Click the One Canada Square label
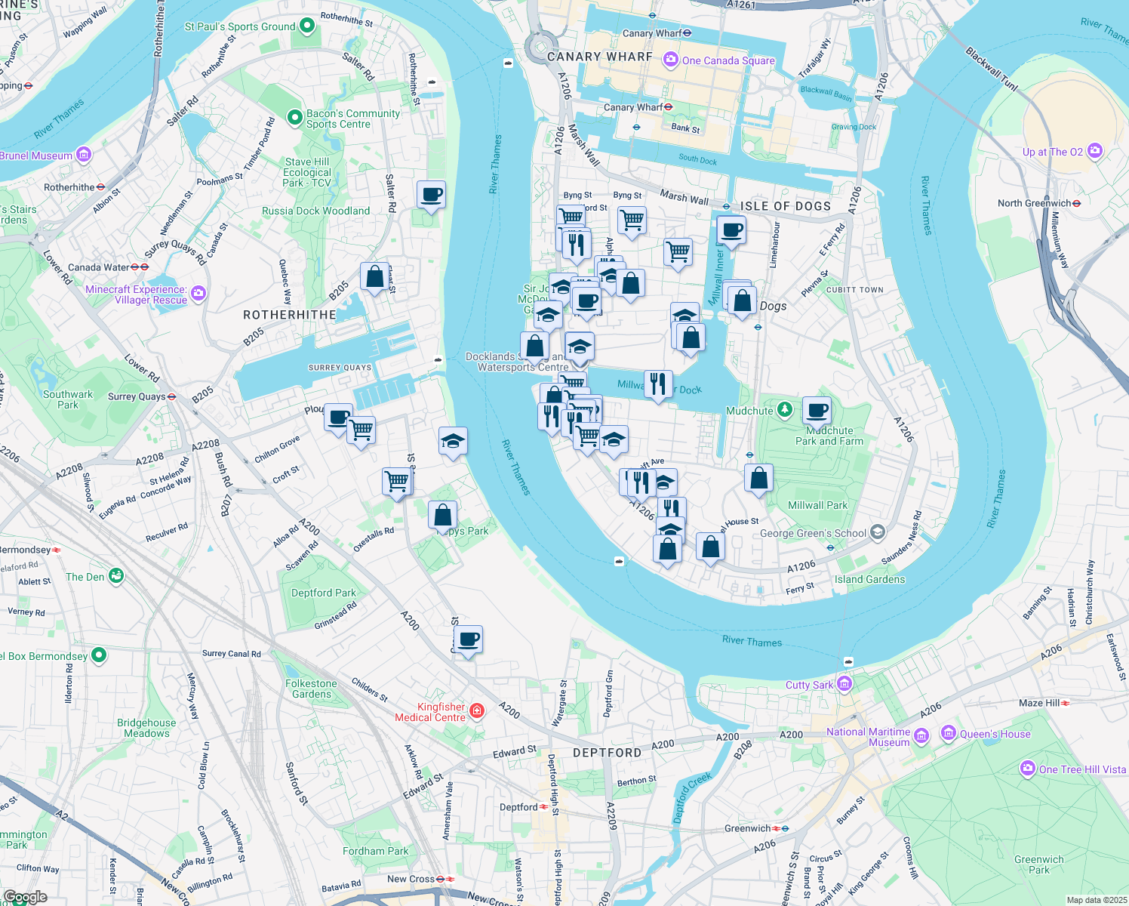[728, 60]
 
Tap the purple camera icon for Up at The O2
[1095, 152]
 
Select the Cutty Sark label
[809, 685]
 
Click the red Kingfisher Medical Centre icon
[476, 710]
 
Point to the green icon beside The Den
[116, 577]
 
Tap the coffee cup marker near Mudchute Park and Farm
[817, 411]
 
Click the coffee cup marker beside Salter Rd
[431, 196]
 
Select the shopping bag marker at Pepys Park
[443, 516]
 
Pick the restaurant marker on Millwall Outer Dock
[658, 384]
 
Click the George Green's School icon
[877, 533]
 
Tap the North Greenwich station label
[1034, 203]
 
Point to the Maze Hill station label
[1039, 703]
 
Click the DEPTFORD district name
[607, 753]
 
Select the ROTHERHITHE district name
[289, 315]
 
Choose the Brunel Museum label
[36, 156]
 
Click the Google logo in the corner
[25, 897]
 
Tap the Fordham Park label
[375, 851]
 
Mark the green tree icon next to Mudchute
[786, 410]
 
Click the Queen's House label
[995, 734]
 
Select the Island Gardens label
[869, 579]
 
